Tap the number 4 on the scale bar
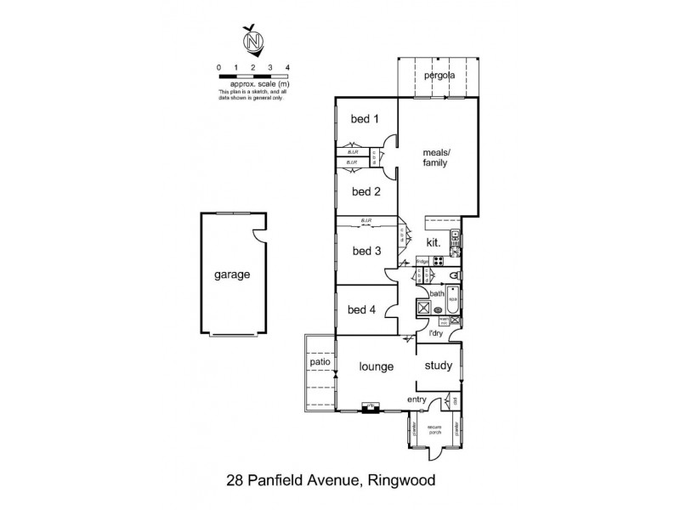click(288, 66)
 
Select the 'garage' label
click(231, 275)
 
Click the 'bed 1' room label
click(365, 119)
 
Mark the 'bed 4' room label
click(362, 309)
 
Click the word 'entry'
click(416, 399)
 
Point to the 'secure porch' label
click(434, 430)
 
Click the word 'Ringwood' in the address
click(401, 480)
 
